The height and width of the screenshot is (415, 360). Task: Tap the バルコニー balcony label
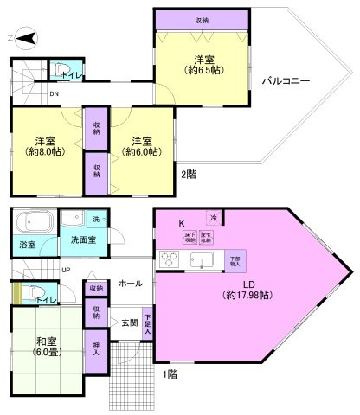pyautogui.click(x=286, y=81)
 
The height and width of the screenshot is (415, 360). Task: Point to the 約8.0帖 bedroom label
pyautogui.click(x=45, y=146)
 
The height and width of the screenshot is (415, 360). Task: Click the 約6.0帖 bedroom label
pyautogui.click(x=143, y=146)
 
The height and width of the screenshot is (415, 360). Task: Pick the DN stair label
pyautogui.click(x=54, y=93)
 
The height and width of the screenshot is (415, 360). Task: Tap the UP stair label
pyautogui.click(x=66, y=270)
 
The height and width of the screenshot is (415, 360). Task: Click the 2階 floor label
pyautogui.click(x=189, y=174)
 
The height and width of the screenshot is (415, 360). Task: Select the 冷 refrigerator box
pyautogui.click(x=212, y=218)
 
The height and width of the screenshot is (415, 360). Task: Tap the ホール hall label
pyautogui.click(x=130, y=283)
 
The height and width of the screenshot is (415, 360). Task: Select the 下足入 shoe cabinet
pyautogui.click(x=148, y=323)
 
